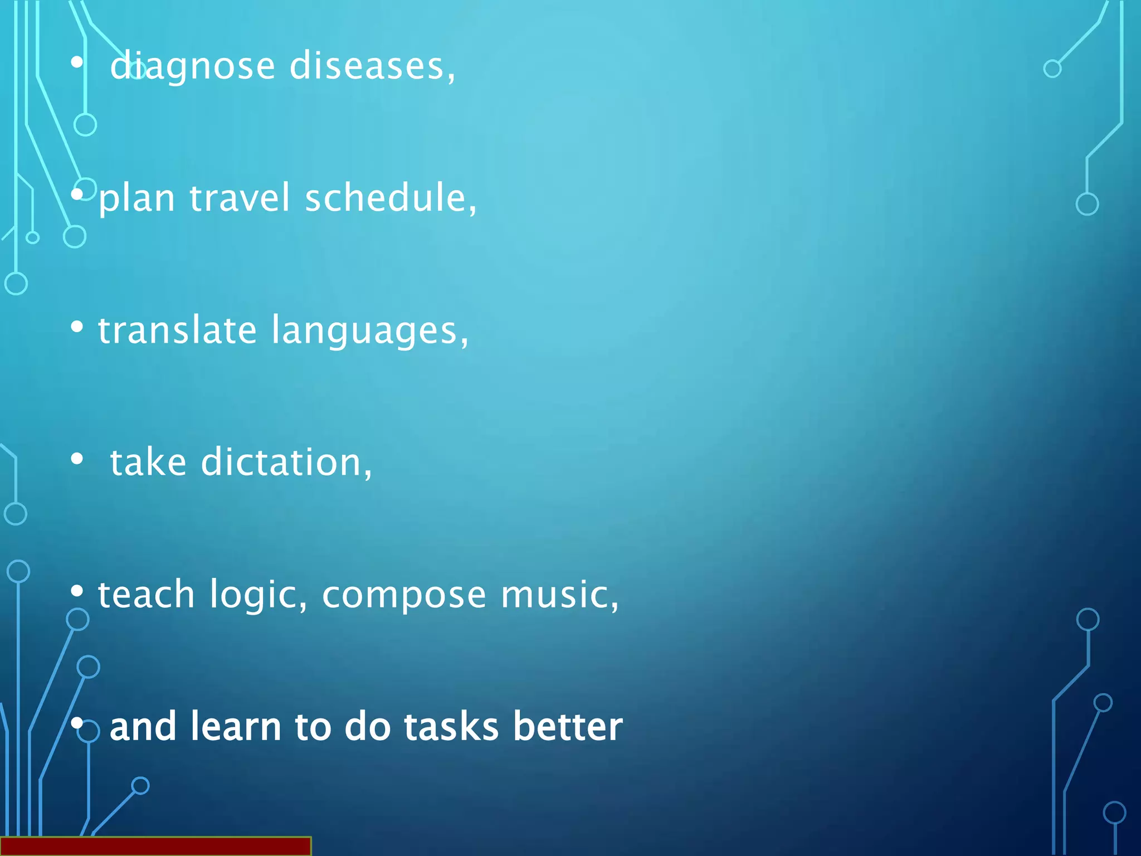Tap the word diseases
point(372,66)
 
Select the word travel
point(240,198)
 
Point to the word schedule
point(390,198)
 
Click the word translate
point(177,330)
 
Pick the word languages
point(369,331)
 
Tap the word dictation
point(285,462)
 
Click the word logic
point(257,595)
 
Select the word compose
point(404,595)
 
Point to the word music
point(559,594)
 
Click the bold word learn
point(235,726)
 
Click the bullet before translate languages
point(77,326)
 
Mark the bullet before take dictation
point(77,459)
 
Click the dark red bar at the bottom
point(155,846)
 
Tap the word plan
point(136,199)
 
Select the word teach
point(146,594)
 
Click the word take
point(148,462)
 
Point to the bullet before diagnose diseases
point(77,62)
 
